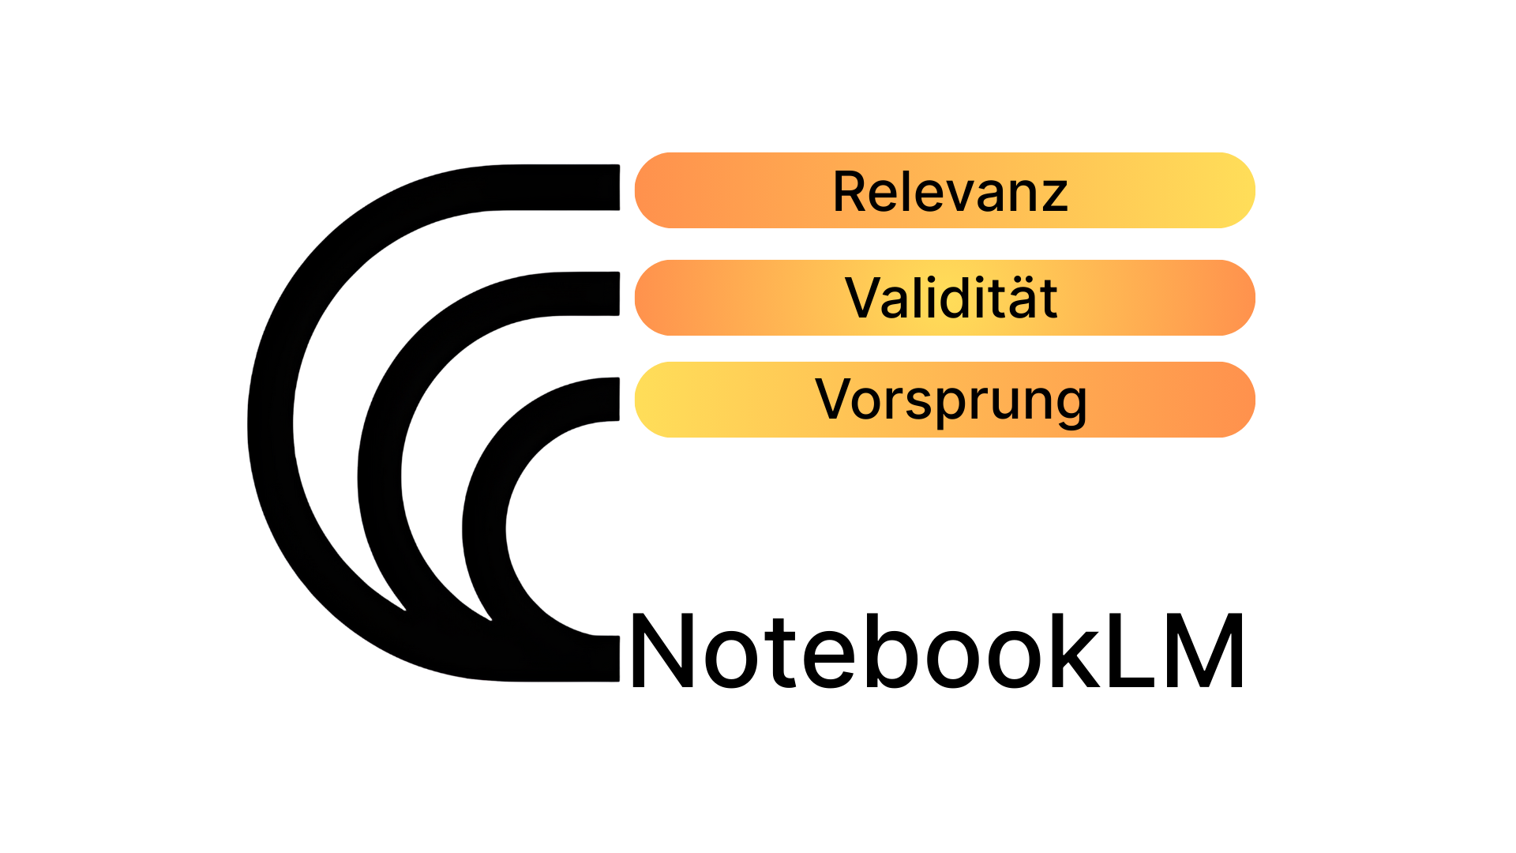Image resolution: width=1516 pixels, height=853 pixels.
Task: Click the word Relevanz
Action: pos(950,192)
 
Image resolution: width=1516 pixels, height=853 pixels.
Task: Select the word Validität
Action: pos(951,299)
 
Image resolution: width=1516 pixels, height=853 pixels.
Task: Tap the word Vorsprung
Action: pos(951,400)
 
